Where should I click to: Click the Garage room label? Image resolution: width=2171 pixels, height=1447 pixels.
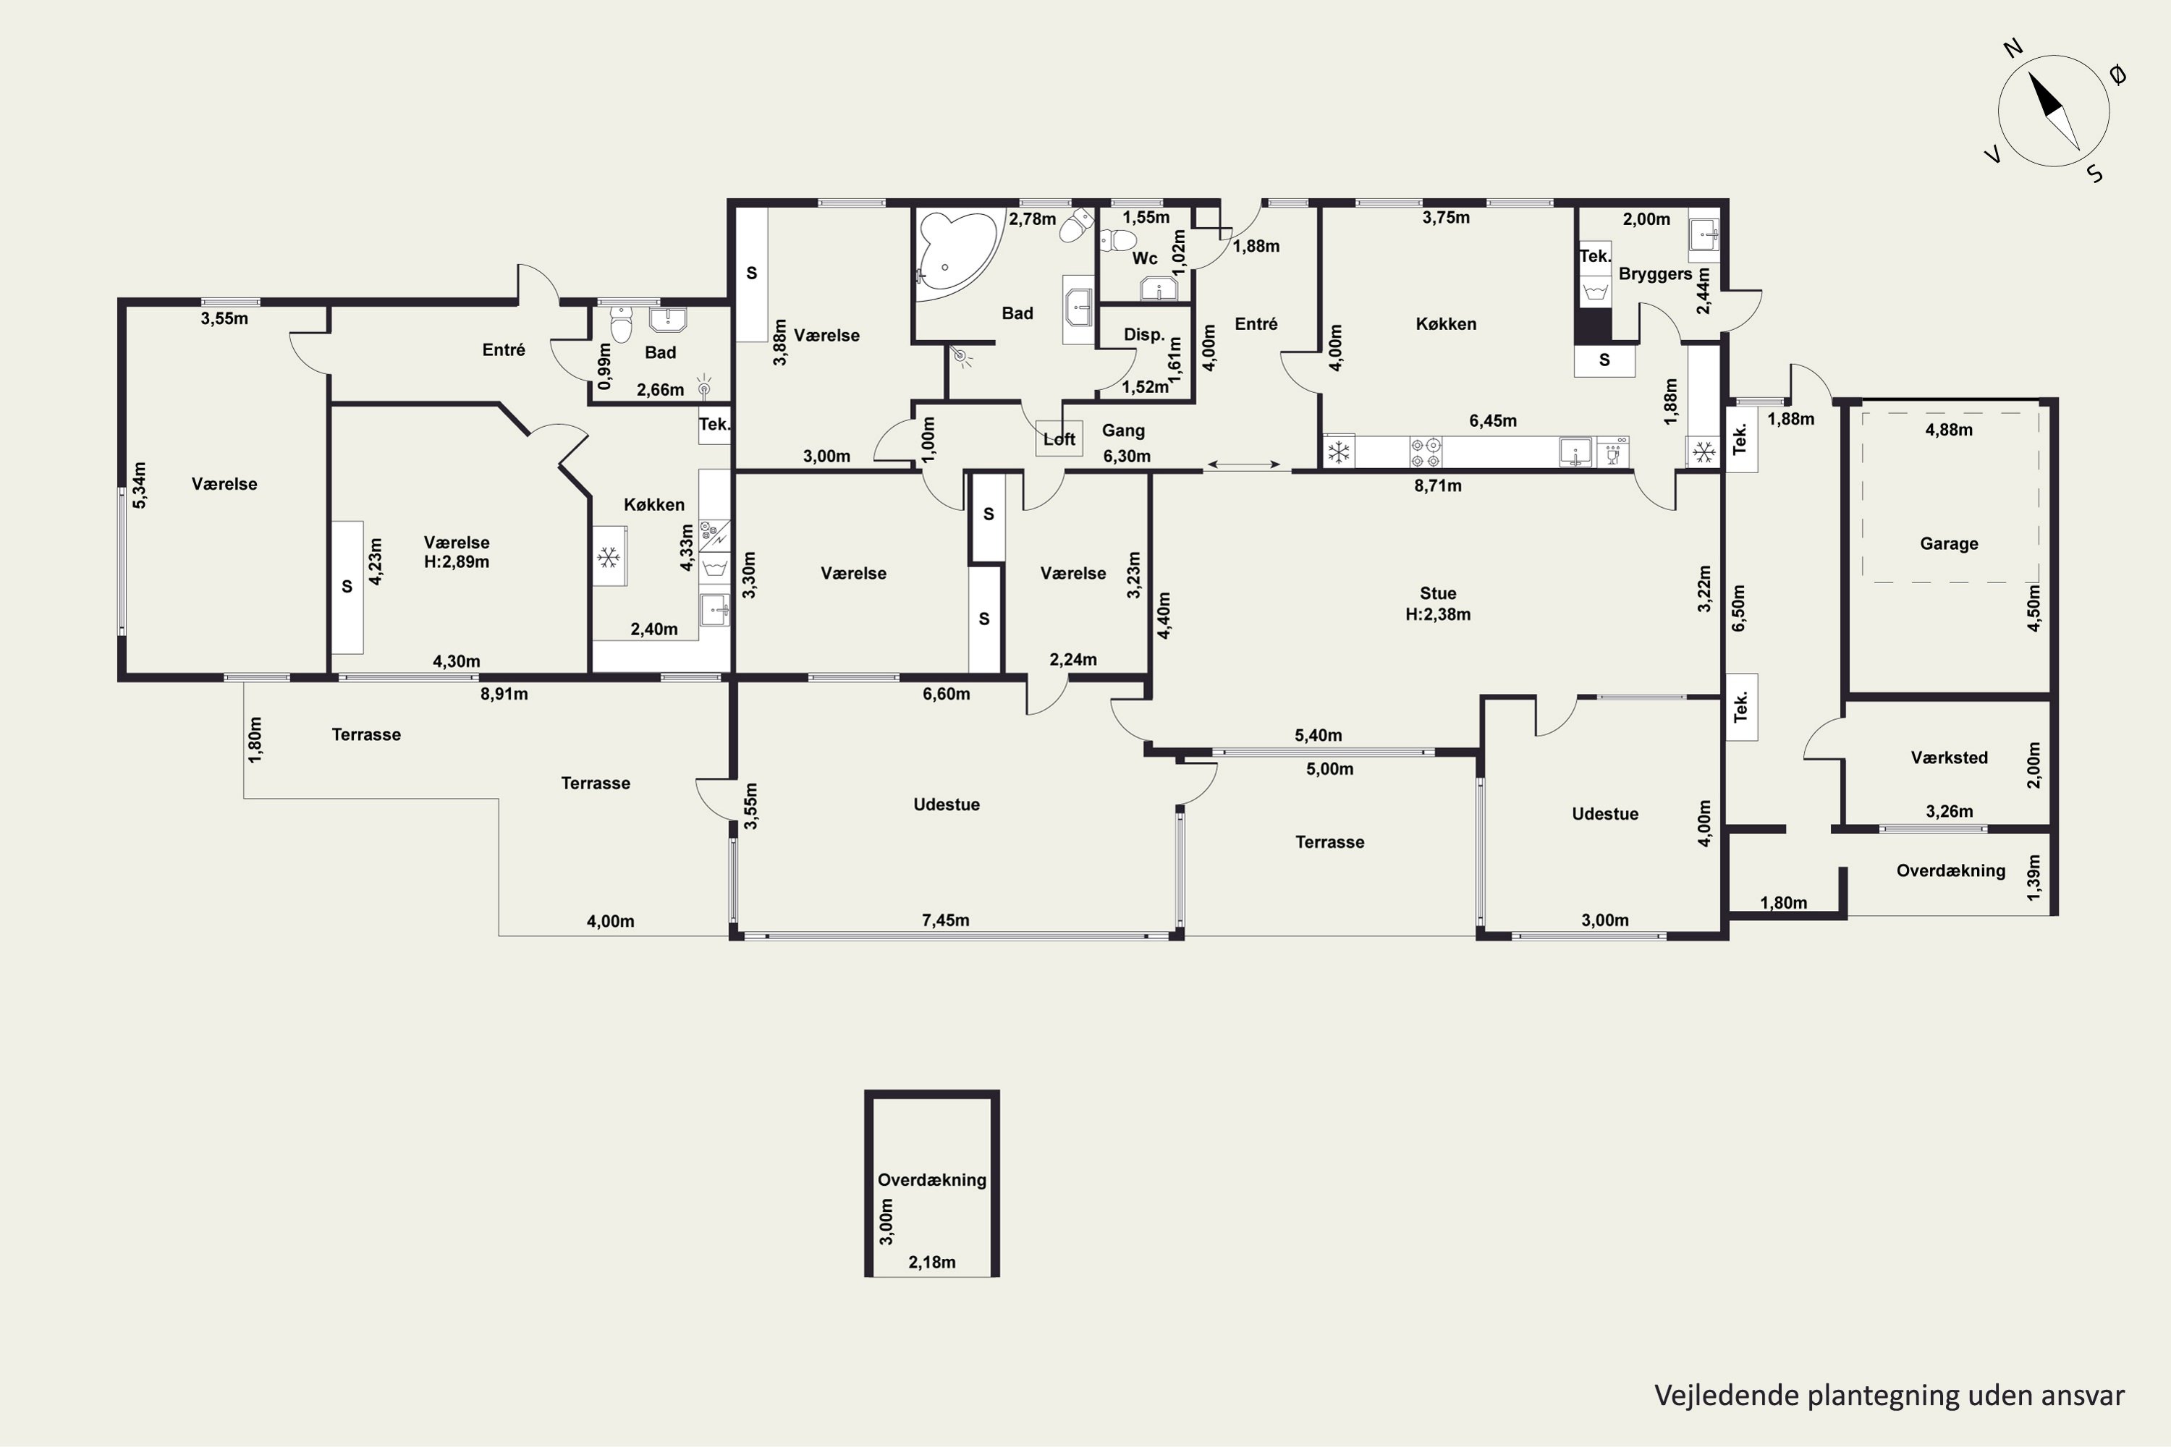click(1949, 543)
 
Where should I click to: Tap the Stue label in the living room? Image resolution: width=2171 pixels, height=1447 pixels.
click(1438, 593)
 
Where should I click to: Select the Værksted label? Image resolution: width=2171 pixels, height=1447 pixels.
click(1949, 758)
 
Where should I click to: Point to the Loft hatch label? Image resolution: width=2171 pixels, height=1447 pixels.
click(1059, 439)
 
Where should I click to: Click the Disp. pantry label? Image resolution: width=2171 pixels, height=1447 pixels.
click(1143, 335)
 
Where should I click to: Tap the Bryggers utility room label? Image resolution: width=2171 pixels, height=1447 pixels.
click(1655, 274)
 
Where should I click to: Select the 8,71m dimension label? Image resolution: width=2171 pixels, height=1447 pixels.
click(1438, 485)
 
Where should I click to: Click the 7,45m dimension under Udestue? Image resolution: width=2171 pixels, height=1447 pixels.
click(945, 920)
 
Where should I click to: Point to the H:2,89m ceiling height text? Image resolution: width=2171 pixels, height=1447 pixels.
click(456, 562)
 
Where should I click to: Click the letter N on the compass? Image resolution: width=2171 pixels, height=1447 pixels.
click(2013, 48)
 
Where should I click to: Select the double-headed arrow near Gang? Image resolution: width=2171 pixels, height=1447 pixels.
click(1243, 464)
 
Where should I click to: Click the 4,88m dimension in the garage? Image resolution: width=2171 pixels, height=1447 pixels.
click(1949, 429)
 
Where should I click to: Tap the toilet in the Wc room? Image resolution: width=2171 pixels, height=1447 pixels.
click(1119, 240)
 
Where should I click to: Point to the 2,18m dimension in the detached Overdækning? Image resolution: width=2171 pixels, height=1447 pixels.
click(931, 1262)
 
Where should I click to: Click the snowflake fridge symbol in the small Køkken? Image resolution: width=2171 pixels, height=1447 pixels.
click(609, 556)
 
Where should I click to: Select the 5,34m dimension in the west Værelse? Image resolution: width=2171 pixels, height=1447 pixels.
click(140, 485)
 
